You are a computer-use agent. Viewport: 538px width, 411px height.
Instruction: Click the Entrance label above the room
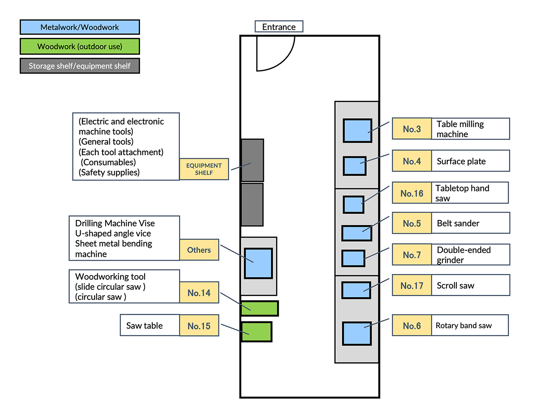[279, 27]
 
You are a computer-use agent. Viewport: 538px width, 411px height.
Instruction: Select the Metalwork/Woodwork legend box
[80, 27]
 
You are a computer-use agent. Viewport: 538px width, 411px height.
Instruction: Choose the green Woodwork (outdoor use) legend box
[80, 47]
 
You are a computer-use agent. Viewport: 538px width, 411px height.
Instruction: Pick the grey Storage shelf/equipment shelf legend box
[80, 66]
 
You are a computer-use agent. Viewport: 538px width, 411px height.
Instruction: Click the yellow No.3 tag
[412, 129]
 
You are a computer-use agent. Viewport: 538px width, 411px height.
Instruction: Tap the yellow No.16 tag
[412, 193]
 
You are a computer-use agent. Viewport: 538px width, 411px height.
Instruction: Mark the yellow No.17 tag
[412, 286]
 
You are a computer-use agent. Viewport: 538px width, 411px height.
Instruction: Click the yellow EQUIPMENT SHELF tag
[204, 169]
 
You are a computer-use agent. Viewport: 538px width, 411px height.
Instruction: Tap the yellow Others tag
[199, 250]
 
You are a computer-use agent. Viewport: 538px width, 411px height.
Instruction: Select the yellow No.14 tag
[199, 293]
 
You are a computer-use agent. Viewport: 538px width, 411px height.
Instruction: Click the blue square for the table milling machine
[357, 131]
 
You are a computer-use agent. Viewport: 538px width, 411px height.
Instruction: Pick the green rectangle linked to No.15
[256, 332]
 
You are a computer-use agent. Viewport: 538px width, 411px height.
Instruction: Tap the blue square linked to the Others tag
[258, 263]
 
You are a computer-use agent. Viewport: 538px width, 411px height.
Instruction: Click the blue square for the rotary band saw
[357, 334]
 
